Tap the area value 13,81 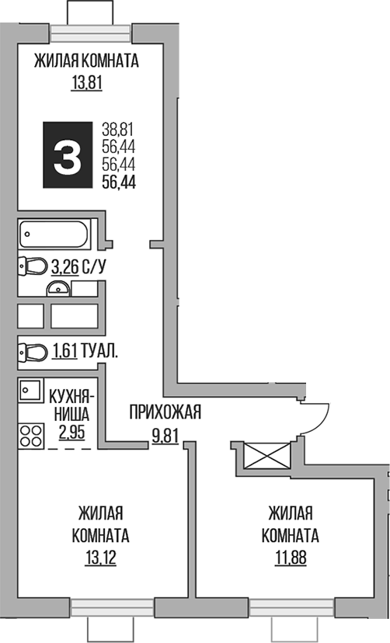(x=87, y=83)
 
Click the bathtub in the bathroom (x=54, y=231)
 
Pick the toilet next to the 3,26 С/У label (x=32, y=267)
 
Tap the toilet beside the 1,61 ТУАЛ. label (x=32, y=352)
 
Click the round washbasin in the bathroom (x=57, y=290)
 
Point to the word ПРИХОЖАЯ (x=165, y=412)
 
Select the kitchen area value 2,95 (x=74, y=433)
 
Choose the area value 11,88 (x=290, y=558)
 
